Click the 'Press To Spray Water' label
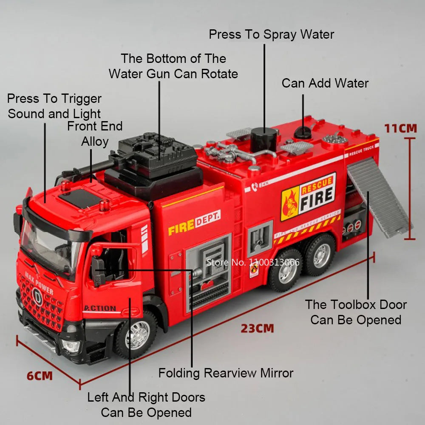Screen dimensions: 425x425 271,34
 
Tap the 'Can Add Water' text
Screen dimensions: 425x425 325,83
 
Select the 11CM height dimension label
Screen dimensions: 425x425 400,128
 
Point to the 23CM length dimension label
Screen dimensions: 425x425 257,328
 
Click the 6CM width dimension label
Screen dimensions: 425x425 40,376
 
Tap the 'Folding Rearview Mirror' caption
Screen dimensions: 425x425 226,373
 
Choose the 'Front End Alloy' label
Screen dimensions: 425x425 95,134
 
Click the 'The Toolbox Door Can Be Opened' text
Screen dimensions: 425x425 356,312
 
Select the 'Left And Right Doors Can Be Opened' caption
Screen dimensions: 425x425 146,405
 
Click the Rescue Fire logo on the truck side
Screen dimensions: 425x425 308,196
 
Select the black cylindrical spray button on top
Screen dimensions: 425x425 263,140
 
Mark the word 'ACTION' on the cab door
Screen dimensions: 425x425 100,308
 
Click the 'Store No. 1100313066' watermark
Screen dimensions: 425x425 253,262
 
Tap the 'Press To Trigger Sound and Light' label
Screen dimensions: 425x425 54,106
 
